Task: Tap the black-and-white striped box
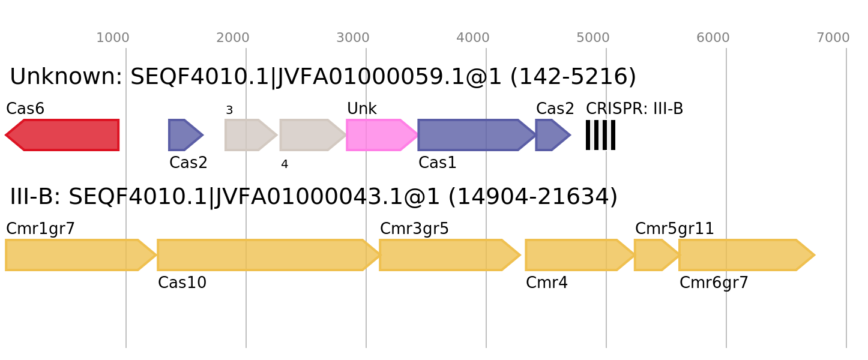(x=600, y=135)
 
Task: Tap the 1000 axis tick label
(x=113, y=38)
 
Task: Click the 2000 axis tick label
(x=233, y=38)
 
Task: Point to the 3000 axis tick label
(x=353, y=38)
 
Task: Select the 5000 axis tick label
(x=593, y=38)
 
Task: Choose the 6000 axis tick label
(x=713, y=38)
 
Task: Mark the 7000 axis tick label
(x=833, y=38)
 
